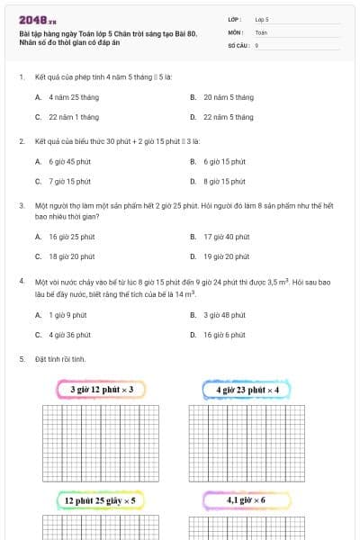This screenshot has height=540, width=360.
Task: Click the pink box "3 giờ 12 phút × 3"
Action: pos(102,390)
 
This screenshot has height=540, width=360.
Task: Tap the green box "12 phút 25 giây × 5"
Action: pos(100,499)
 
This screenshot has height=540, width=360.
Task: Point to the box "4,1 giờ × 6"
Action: pos(247,499)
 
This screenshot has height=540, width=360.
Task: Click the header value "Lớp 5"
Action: pos(262,18)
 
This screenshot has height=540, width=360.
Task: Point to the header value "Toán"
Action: pos(262,31)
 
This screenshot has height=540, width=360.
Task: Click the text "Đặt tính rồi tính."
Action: pos(60,359)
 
